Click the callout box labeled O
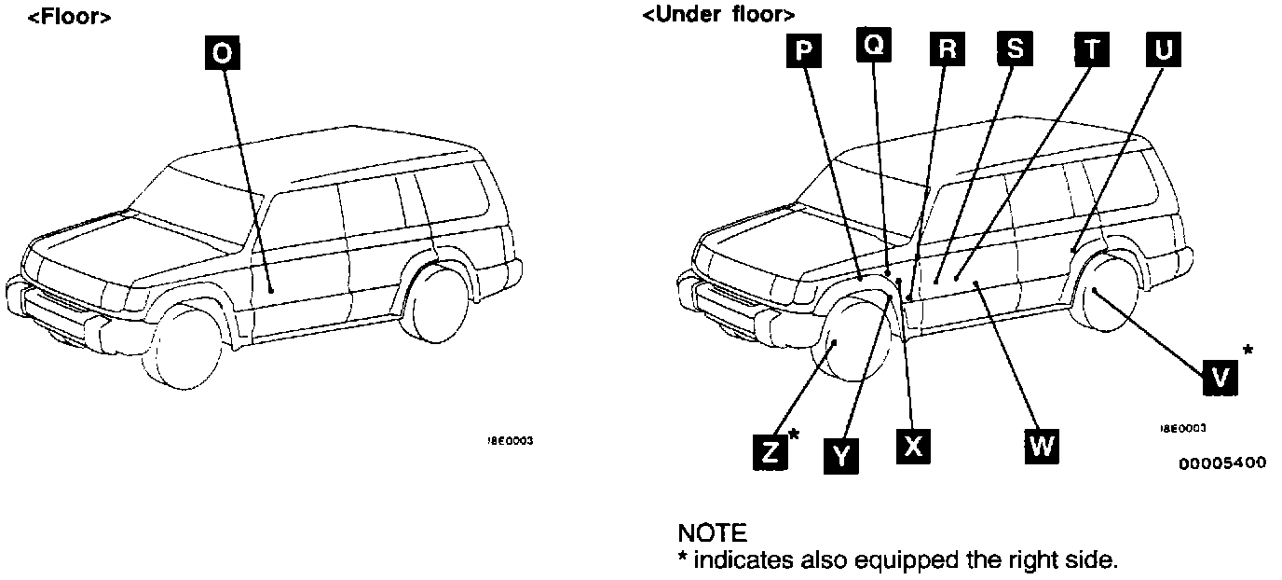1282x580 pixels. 223,53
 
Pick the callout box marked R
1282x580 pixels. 946,49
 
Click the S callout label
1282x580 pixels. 1015,49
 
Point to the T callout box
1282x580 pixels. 1090,49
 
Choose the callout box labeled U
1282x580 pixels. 1162,49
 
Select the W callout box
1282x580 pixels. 1042,446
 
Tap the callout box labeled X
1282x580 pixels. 913,446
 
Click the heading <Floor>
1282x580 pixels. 70,17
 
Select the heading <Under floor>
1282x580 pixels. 718,15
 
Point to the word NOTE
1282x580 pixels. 712,533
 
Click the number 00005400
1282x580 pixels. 1222,463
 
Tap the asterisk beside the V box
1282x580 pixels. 1248,352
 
